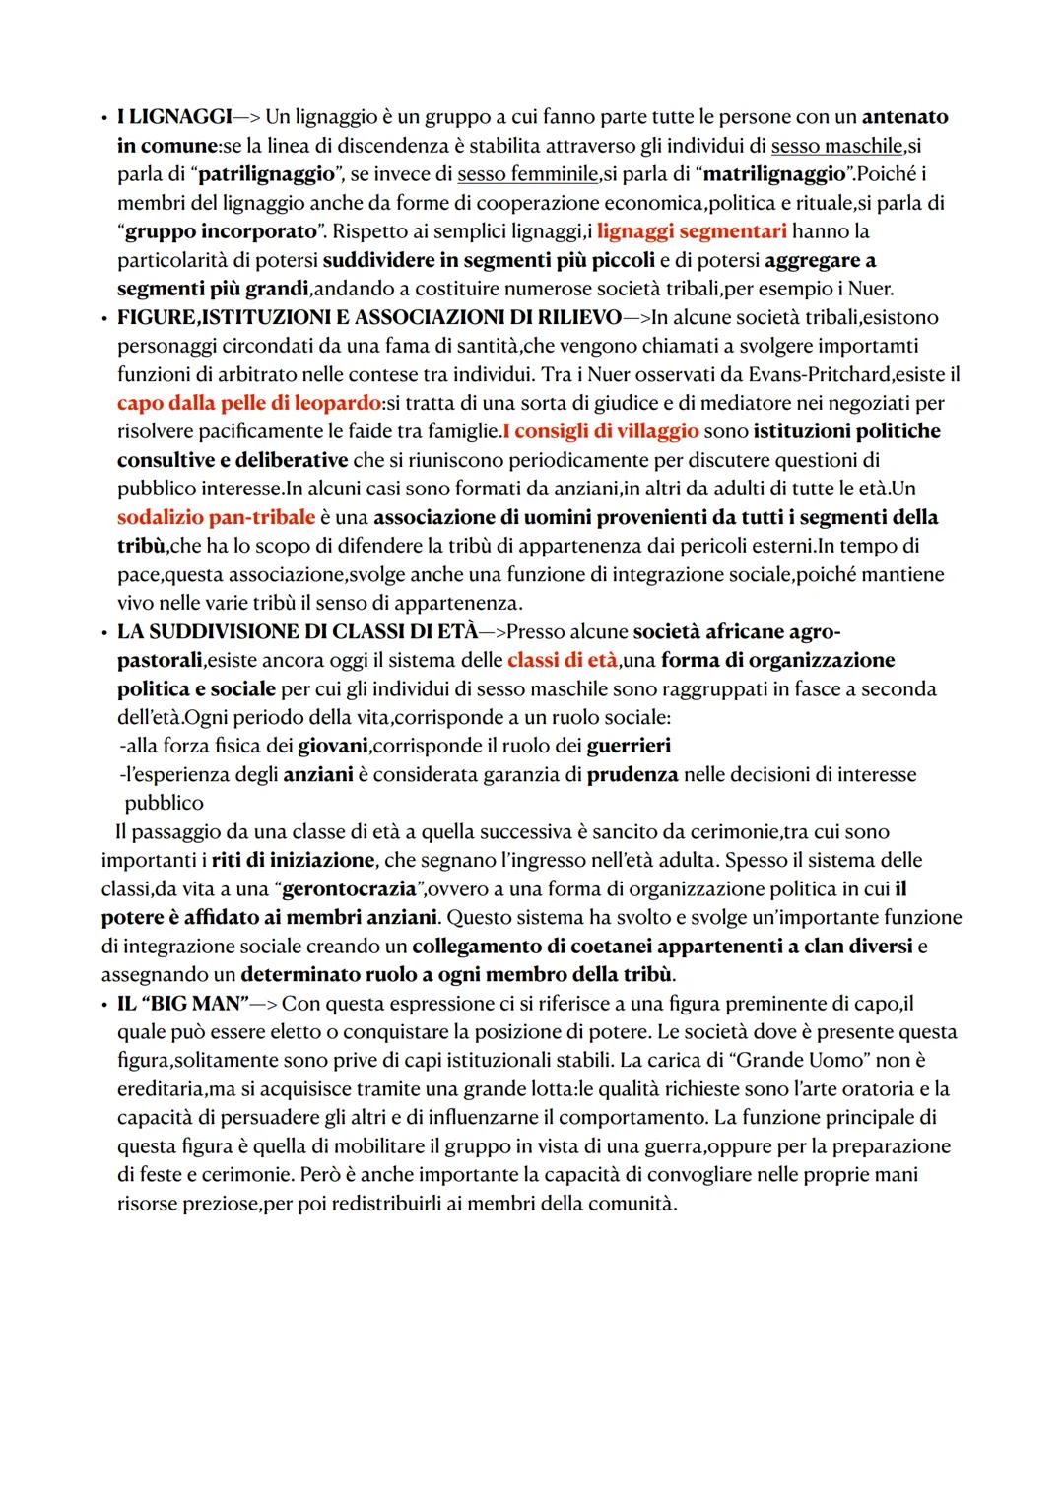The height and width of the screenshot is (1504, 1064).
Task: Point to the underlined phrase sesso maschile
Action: click(836, 146)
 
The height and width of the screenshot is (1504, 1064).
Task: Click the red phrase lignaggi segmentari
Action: click(692, 231)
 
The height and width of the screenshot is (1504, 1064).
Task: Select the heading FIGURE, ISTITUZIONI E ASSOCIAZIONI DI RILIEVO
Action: click(369, 317)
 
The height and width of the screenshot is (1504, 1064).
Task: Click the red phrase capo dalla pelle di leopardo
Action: click(248, 403)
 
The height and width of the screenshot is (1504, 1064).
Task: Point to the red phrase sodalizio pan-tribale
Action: click(216, 517)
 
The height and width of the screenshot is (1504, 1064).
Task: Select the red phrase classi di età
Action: click(563, 660)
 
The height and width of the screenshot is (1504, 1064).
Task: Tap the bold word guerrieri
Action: click(629, 746)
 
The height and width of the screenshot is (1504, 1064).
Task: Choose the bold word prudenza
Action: click(632, 774)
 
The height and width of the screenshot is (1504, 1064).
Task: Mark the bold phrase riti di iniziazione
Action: click(293, 860)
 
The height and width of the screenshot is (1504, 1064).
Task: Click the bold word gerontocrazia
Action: click(347, 888)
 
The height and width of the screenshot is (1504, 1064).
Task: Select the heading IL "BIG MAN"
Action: click(182, 1004)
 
